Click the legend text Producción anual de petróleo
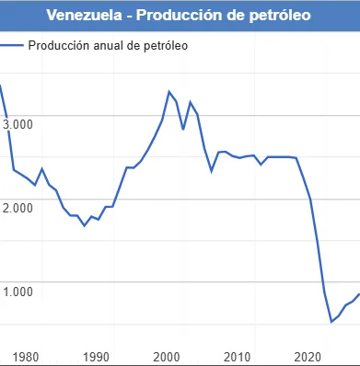coord(108,45)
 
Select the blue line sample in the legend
coord(12,45)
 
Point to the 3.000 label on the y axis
coord(17,123)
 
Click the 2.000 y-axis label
coord(17,207)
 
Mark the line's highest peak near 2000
coord(168,91)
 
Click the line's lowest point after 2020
coord(331,322)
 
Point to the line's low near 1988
coord(85,225)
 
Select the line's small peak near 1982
coord(41,168)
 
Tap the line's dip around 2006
coord(212,171)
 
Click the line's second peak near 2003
coord(190,102)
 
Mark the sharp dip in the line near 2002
coord(183,129)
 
